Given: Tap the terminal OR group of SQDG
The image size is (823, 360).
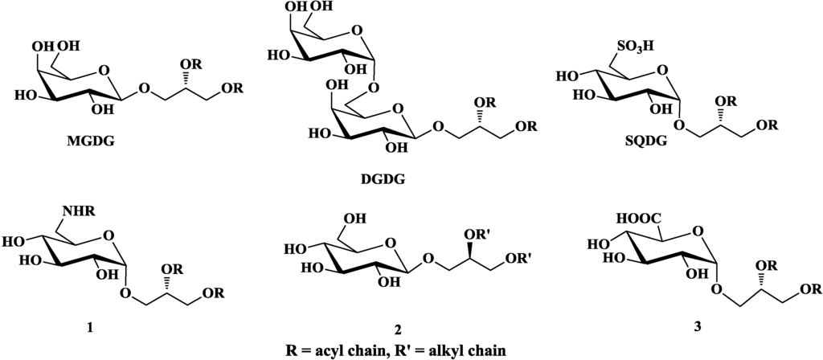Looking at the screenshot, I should tap(766, 126).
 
